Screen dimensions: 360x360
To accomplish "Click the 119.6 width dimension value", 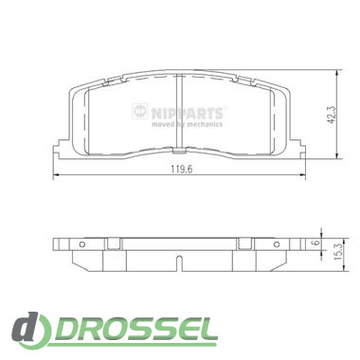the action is [x=182, y=170].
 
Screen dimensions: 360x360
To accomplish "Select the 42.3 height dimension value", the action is [x=333, y=115].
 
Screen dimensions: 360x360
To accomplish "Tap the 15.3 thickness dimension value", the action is [x=337, y=252].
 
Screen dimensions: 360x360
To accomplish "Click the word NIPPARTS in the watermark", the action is [x=187, y=113].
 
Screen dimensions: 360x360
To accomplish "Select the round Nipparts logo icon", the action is [x=140, y=111].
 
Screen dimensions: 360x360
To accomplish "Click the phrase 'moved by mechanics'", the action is [x=187, y=124].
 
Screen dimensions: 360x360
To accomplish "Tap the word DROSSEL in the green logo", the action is [x=135, y=331].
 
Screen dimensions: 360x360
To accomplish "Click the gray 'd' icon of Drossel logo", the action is [x=27, y=330].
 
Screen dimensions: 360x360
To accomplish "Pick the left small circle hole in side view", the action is [x=82, y=244].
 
